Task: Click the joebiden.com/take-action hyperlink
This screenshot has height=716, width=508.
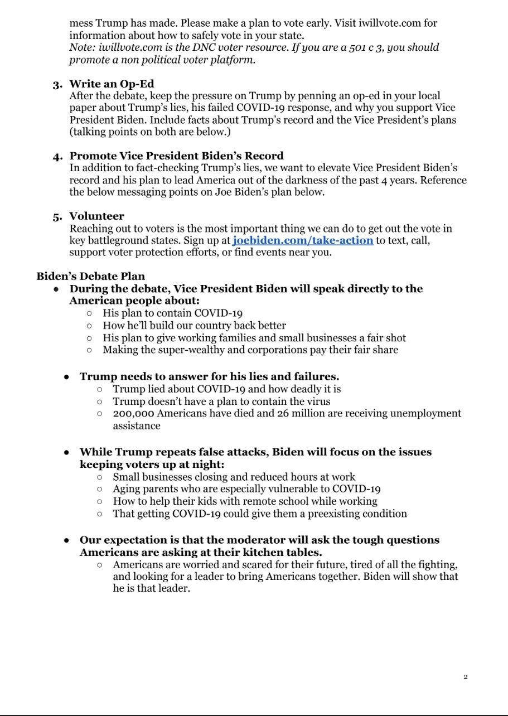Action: (x=303, y=240)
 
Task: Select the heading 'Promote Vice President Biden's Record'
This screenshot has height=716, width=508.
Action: (x=176, y=156)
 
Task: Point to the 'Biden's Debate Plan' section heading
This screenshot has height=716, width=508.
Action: (x=90, y=276)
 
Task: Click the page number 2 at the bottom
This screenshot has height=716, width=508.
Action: (x=465, y=677)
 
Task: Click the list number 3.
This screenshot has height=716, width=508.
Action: (x=58, y=85)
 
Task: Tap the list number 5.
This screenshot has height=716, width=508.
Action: (x=58, y=217)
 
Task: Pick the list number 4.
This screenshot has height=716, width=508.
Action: (x=58, y=157)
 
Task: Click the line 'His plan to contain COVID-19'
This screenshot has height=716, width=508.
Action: (x=172, y=313)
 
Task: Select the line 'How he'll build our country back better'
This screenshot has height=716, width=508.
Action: (x=194, y=326)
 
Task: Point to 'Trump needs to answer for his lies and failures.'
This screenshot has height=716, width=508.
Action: (x=209, y=376)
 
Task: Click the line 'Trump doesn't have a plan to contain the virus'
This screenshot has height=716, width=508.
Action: (x=221, y=401)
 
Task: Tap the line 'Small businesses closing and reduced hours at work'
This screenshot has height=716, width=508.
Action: (x=234, y=477)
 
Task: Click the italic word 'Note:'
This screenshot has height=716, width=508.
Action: (x=83, y=47)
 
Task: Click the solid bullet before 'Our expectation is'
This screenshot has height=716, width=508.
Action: (x=66, y=540)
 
